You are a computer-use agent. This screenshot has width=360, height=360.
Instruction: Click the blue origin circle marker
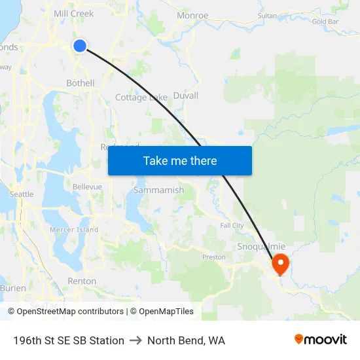click(79, 45)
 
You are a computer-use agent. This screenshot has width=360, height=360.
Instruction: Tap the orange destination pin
click(280, 264)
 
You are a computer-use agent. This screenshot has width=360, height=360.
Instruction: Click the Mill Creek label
click(73, 13)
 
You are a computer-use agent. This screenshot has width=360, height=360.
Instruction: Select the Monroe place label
click(192, 16)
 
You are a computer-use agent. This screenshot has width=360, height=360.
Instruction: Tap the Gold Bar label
click(325, 22)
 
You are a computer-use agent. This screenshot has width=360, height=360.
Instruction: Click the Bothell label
click(81, 83)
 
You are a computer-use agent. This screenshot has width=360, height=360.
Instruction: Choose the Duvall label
click(186, 96)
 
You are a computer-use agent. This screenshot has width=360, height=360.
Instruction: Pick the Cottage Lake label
click(141, 98)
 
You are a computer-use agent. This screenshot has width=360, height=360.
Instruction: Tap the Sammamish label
click(158, 190)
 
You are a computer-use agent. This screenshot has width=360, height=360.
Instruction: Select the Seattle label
click(22, 194)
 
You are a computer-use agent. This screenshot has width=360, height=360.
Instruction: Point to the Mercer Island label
click(74, 230)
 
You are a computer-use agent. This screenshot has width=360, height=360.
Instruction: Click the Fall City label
click(232, 225)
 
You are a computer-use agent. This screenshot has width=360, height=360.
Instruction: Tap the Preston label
click(214, 257)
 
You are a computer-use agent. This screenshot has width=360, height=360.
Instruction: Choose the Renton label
click(82, 281)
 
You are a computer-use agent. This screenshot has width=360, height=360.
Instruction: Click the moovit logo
click(321, 339)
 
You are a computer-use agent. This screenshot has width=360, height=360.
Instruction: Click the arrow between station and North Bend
click(135, 340)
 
